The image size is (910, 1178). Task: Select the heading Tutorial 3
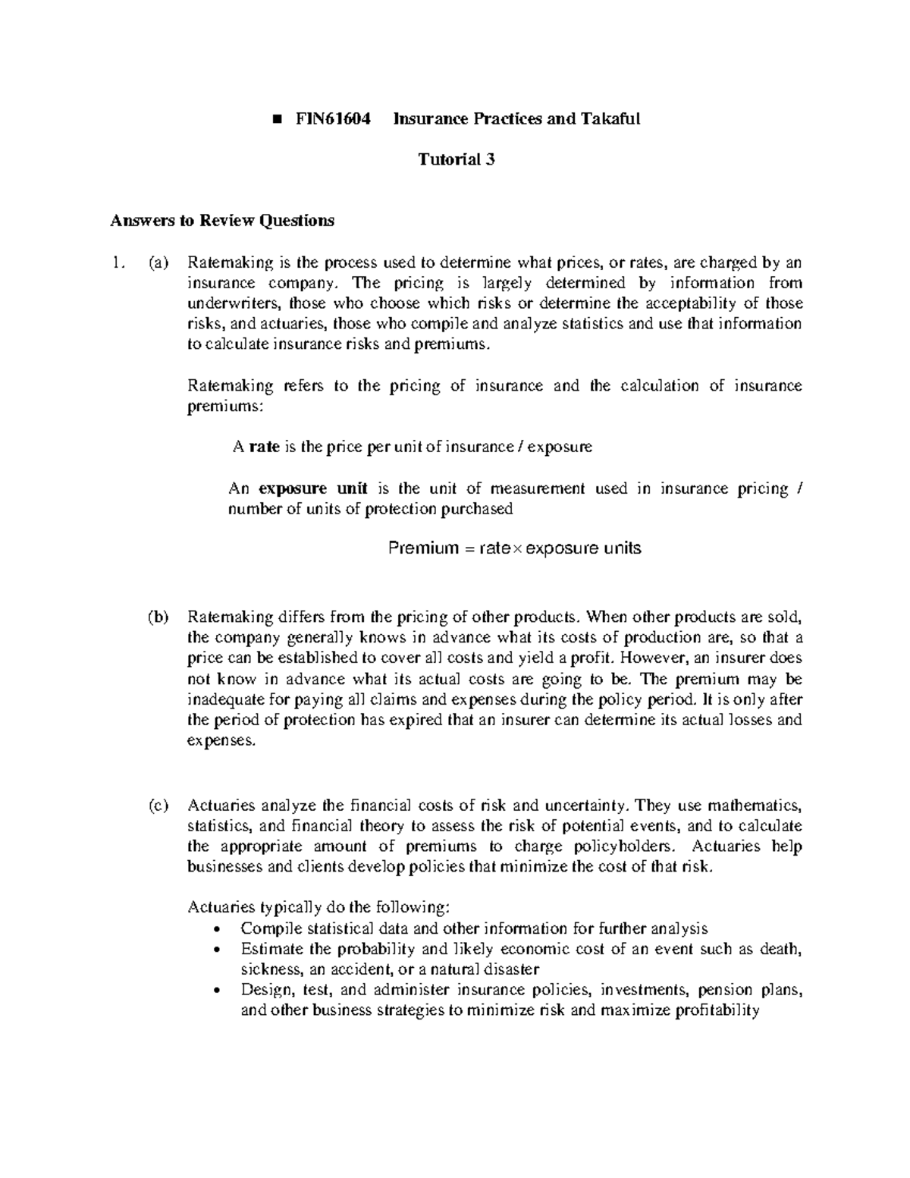point(457,159)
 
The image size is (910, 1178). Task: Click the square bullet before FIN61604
point(277,119)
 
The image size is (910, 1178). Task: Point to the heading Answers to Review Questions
point(221,221)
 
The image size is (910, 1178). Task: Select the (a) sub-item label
point(157,263)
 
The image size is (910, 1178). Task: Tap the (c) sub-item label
point(157,805)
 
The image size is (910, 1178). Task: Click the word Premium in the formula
point(422,548)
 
